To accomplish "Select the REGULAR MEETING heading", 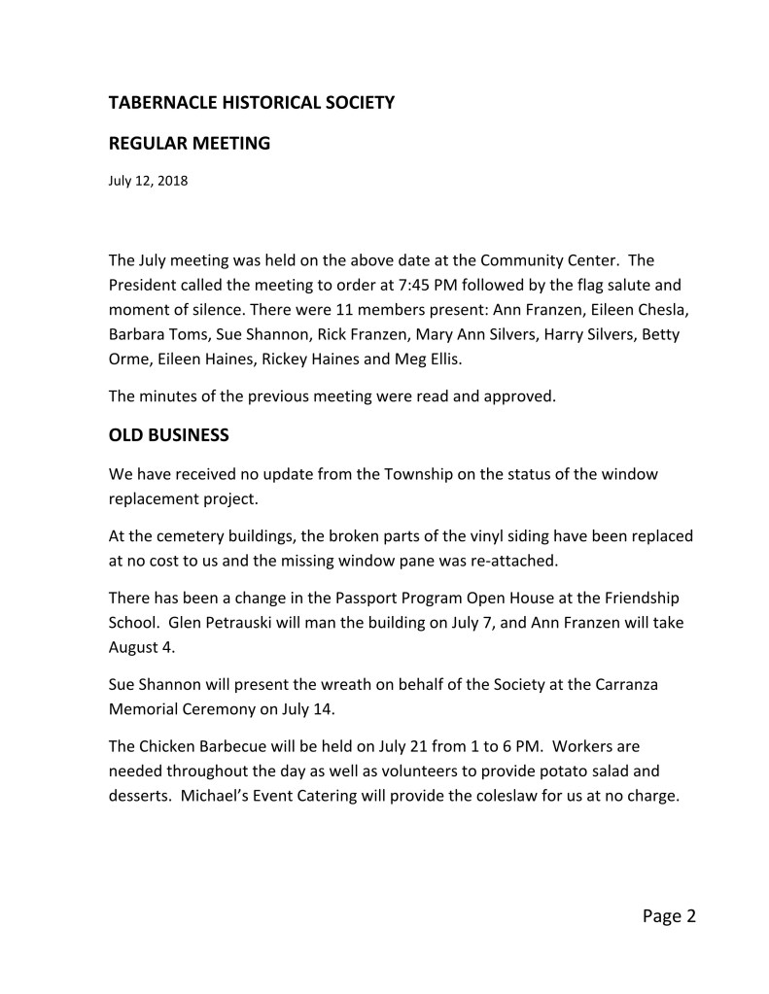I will point(189,144).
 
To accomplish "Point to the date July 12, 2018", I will point(148,180).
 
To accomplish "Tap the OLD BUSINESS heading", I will point(168,435).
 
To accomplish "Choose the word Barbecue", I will point(246,746).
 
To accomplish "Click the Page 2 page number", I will point(670,915).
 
